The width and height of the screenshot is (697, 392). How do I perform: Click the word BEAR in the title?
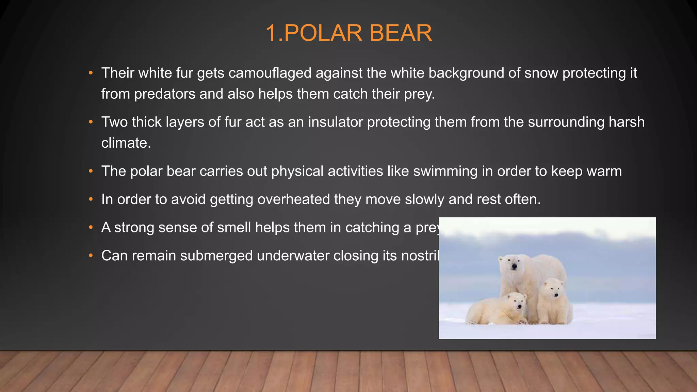click(x=400, y=33)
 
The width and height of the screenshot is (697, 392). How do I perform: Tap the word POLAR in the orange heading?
click(x=323, y=33)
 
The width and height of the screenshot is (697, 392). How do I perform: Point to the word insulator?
click(x=335, y=122)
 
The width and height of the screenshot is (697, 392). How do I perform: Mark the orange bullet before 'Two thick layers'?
click(x=91, y=122)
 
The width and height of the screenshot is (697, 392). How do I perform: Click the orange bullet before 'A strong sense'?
click(x=91, y=228)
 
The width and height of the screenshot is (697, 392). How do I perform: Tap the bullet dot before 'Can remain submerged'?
click(x=91, y=256)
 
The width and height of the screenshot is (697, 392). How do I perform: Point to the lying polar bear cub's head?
click(x=517, y=302)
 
